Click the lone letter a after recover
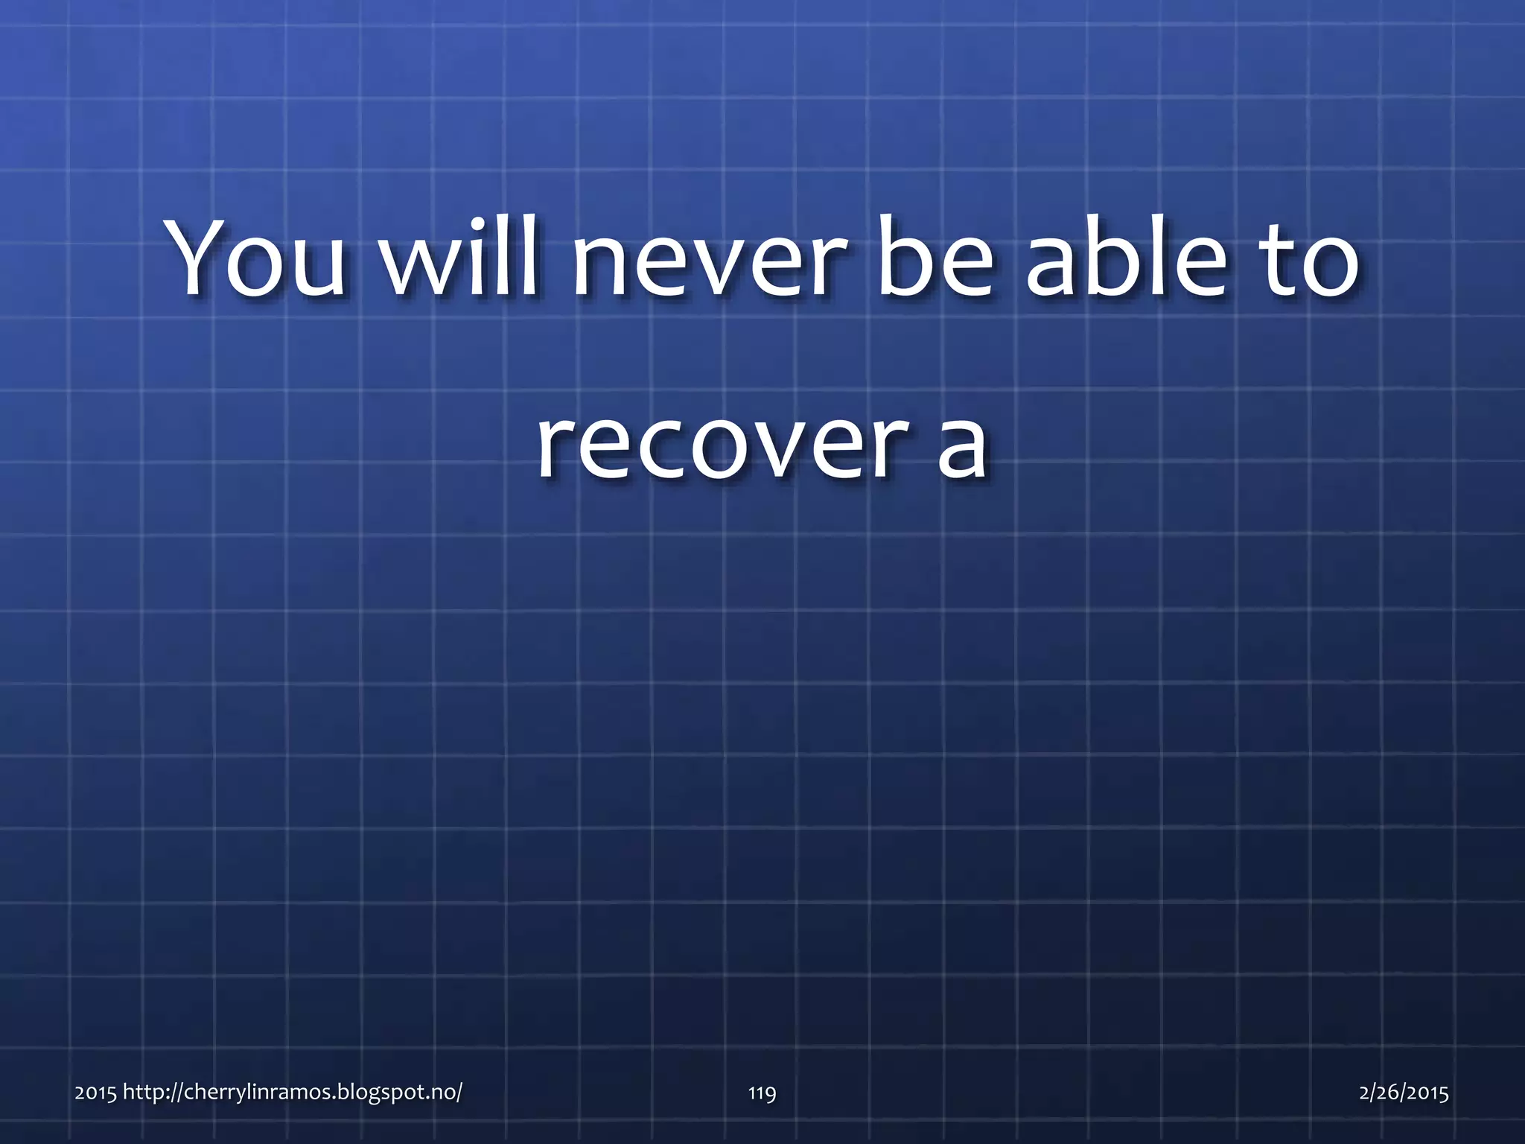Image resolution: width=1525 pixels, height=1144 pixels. click(x=961, y=447)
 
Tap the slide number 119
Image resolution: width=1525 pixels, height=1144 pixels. click(x=762, y=1093)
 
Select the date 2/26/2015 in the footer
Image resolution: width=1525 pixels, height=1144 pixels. click(x=1404, y=1093)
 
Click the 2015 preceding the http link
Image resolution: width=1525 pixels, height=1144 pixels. click(x=95, y=1093)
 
